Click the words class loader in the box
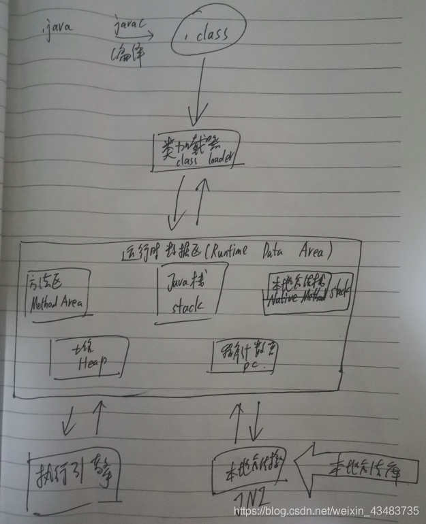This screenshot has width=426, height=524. click(201, 161)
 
